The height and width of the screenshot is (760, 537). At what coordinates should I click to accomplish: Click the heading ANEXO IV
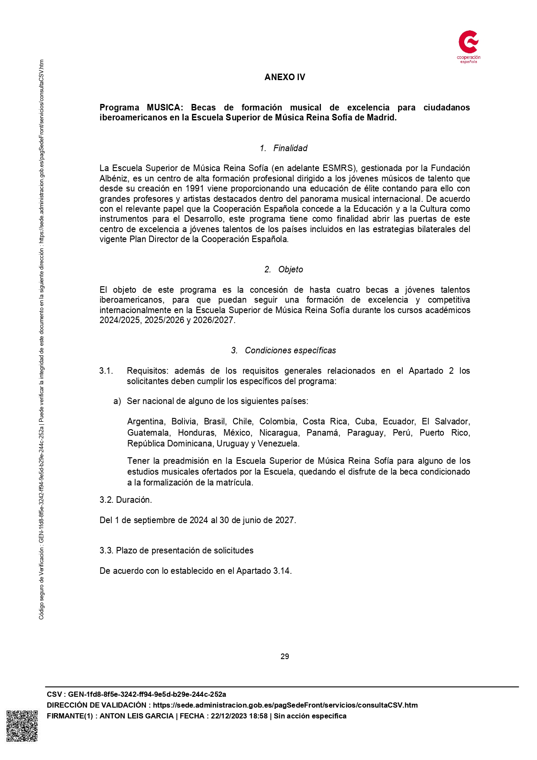[285, 77]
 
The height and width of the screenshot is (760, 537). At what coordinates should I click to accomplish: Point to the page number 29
[285, 657]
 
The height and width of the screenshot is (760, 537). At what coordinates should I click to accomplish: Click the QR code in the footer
[22, 726]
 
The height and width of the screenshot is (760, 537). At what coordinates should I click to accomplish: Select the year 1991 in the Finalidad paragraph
[195, 188]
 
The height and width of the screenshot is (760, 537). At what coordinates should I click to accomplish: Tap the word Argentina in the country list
[146, 421]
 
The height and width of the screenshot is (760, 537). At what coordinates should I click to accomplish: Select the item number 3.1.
[106, 371]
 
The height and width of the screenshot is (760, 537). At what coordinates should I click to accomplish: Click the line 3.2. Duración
[126, 500]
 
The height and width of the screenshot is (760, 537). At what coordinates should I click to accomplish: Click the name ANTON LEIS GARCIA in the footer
[136, 716]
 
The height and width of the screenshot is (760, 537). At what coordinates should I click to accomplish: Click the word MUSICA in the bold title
[165, 107]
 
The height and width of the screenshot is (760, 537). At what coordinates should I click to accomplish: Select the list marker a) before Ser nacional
[117, 401]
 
